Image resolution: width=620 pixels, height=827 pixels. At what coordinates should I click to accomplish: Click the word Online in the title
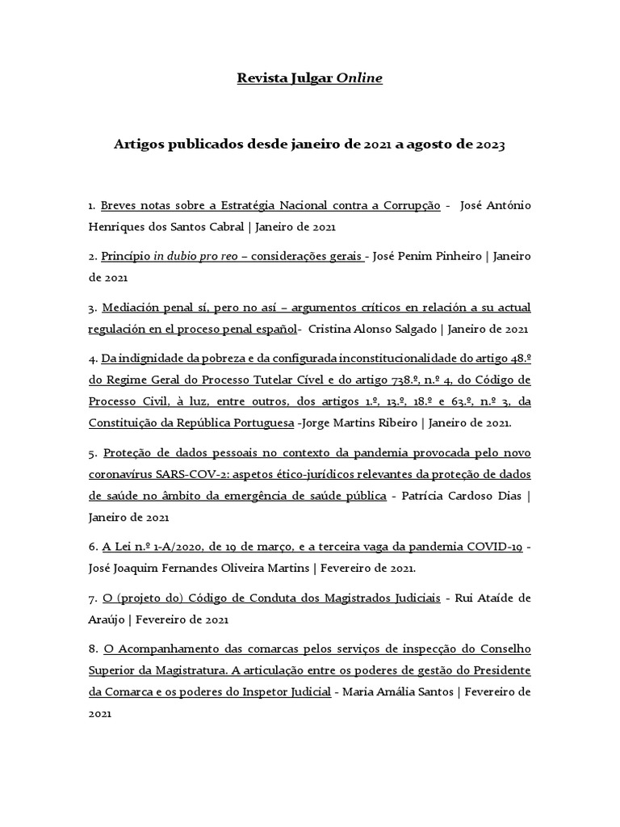[360, 78]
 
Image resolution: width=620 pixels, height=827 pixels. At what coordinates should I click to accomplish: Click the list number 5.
[93, 452]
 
